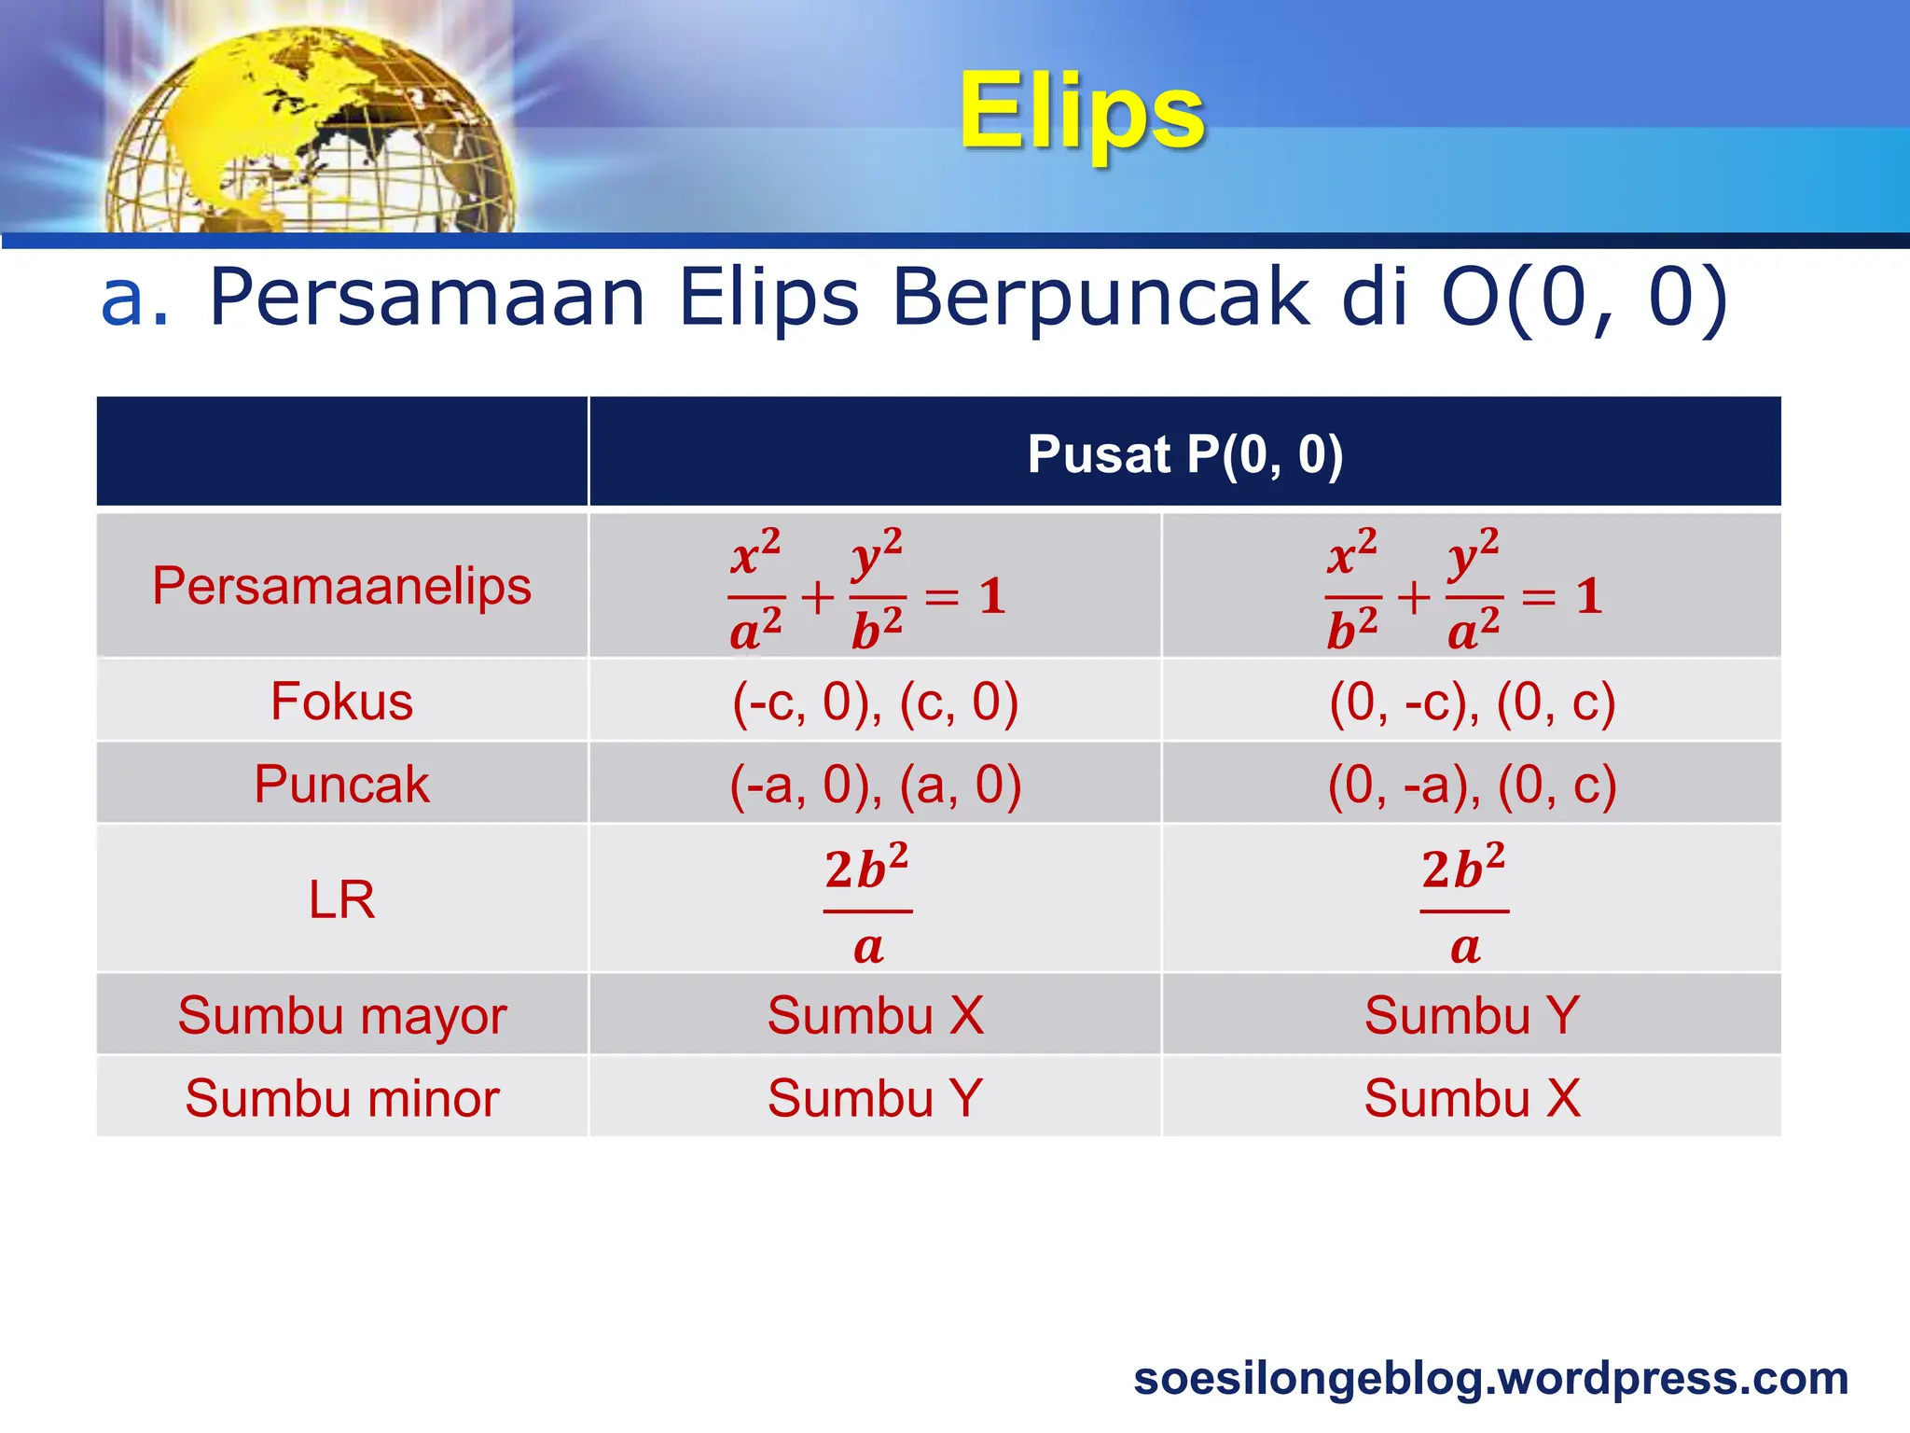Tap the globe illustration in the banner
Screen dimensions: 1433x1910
(x=312, y=135)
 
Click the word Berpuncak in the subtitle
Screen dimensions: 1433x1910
(x=1100, y=299)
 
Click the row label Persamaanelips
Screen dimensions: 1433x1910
(x=341, y=586)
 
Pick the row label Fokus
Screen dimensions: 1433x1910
(x=341, y=702)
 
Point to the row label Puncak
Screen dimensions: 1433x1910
(x=341, y=784)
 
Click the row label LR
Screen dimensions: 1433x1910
(x=341, y=899)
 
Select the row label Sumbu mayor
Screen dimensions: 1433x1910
(x=341, y=1015)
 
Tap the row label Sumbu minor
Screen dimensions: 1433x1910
(x=341, y=1098)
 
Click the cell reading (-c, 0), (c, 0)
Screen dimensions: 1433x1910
(x=875, y=702)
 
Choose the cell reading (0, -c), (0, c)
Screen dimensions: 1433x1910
(x=1472, y=702)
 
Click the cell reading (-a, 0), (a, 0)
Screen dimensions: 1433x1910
(x=875, y=784)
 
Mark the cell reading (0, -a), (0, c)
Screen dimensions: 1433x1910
(x=1472, y=784)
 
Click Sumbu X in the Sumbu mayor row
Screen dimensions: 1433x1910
(x=875, y=1015)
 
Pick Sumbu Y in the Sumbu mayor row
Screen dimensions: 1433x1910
(x=1472, y=1015)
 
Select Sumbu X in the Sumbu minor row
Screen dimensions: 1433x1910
(x=1472, y=1098)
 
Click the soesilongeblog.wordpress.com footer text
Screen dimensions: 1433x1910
(x=1490, y=1378)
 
